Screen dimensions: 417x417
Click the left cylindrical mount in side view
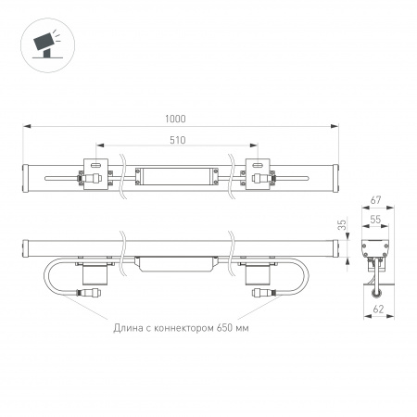(93, 270)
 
